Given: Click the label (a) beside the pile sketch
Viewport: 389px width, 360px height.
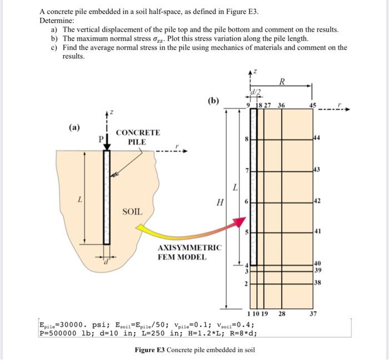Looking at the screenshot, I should tap(74, 127).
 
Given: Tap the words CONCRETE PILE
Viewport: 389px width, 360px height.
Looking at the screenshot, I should tap(138, 137).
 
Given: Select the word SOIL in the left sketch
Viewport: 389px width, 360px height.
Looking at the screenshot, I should tap(133, 212).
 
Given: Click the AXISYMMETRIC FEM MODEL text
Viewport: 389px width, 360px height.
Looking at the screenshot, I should tap(190, 252).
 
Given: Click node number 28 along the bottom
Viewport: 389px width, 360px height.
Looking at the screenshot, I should tap(282, 314).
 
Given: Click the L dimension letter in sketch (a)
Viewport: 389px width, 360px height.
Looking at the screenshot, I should tap(80, 198).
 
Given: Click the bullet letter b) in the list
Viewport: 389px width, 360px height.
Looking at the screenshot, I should tap(54, 38).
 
